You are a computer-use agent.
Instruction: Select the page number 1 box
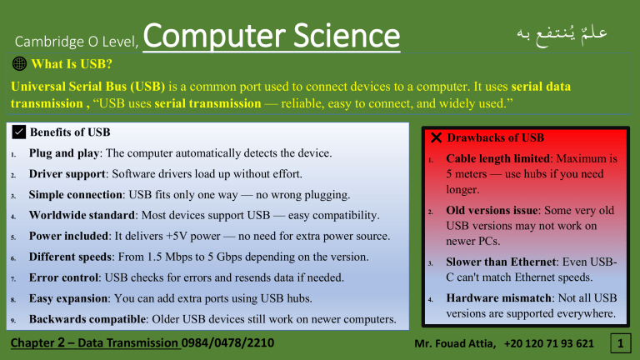coord(619,342)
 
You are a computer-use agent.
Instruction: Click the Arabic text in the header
coord(561,35)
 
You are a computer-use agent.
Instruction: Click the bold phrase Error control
coord(65,277)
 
